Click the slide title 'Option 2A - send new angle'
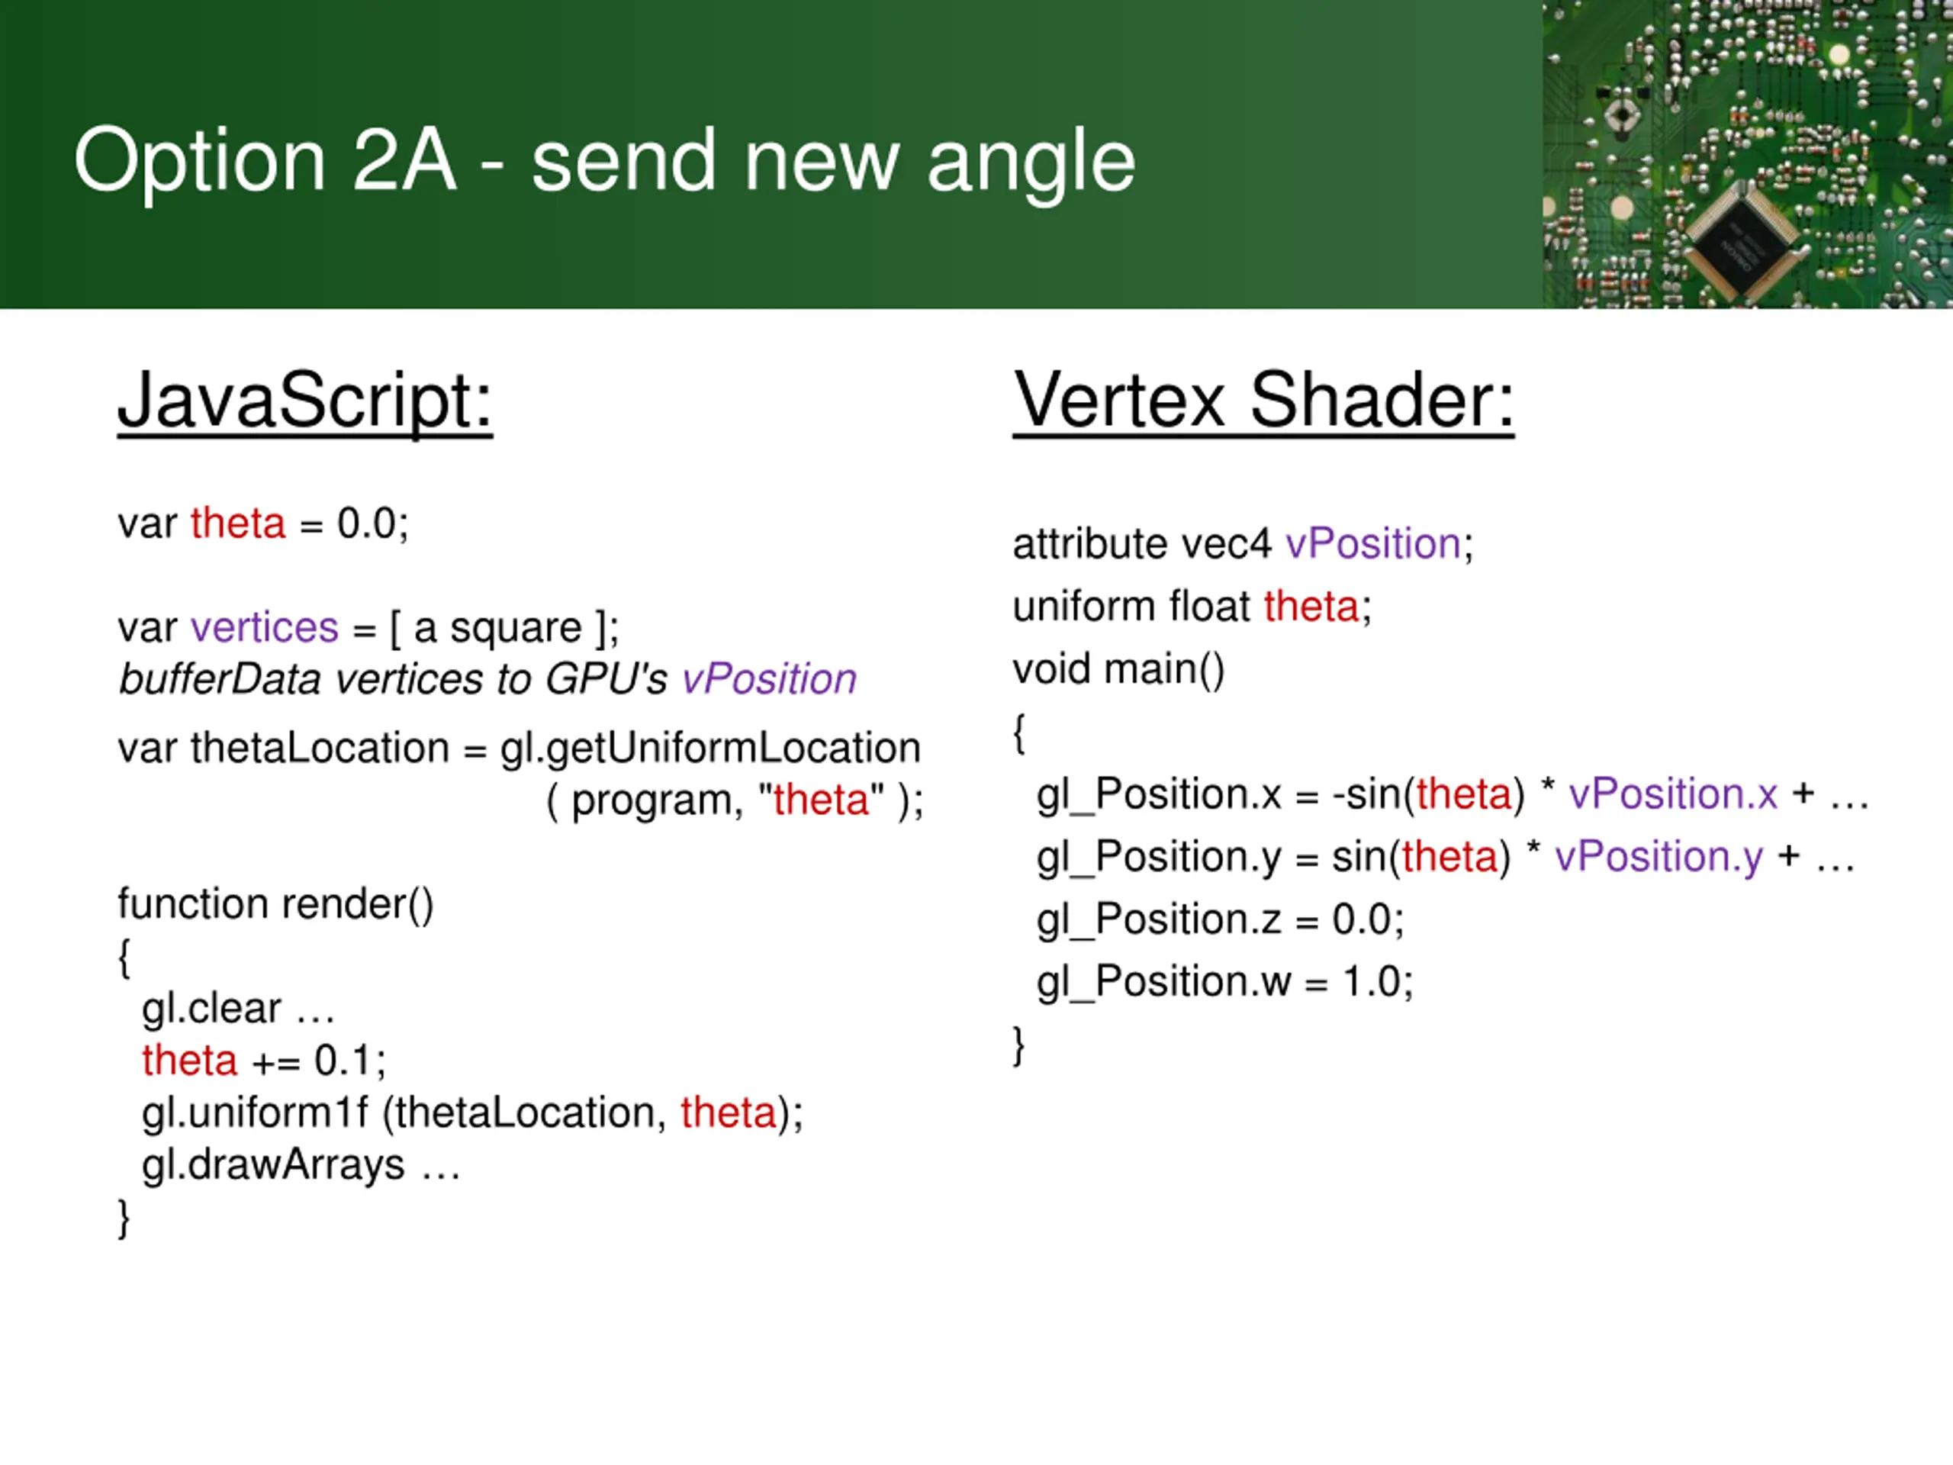pos(605,161)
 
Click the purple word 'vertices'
pos(264,628)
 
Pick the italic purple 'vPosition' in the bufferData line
pos(768,680)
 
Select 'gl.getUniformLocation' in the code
pos(709,749)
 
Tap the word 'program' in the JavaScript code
pos(652,801)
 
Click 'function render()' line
pos(275,904)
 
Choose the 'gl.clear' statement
pos(212,1009)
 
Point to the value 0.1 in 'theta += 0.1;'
pos(343,1061)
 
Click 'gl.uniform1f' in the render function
pos(254,1112)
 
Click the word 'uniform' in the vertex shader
pos(1083,607)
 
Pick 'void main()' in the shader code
pos(1118,669)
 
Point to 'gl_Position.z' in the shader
pos(1158,919)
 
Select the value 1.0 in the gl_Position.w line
pos(1370,982)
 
